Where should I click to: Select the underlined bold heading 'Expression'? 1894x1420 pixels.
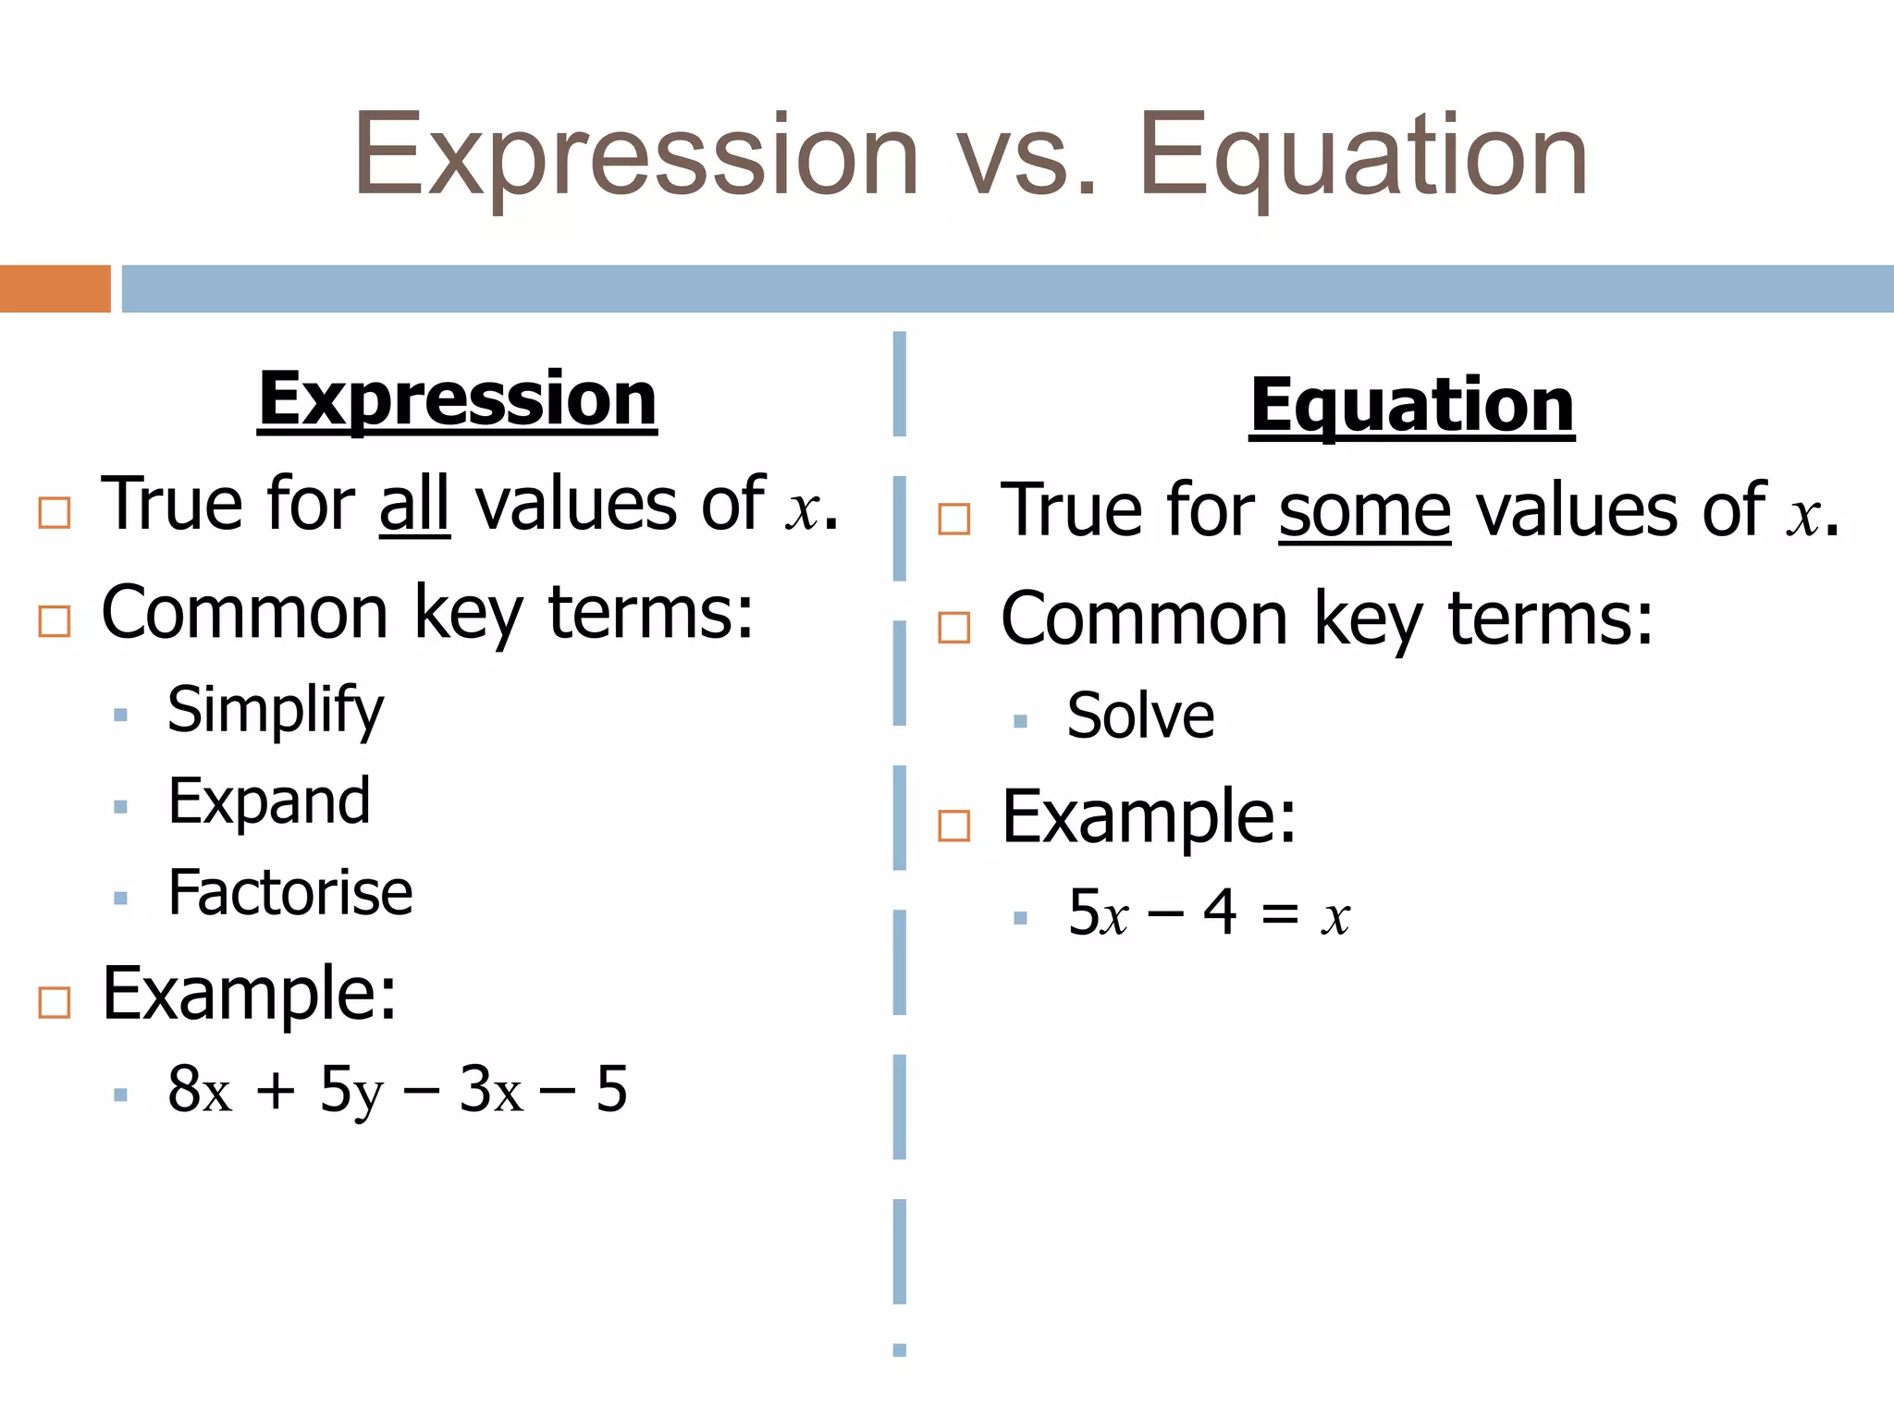tap(457, 399)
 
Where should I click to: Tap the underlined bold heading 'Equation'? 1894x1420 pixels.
tap(1411, 406)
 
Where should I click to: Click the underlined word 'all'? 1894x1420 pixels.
tap(414, 505)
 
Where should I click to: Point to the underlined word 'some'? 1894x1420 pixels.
tap(1364, 511)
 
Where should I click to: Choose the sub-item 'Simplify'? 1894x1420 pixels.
tap(276, 710)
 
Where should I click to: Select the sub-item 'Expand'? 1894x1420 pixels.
tap(269, 802)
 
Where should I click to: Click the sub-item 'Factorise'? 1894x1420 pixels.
tap(290, 893)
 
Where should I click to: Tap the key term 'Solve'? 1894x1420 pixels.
tap(1140, 716)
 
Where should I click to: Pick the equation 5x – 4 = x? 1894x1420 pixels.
tap(1209, 913)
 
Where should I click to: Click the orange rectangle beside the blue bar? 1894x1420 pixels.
tap(55, 288)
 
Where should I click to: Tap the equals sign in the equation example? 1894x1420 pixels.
tap(1280, 915)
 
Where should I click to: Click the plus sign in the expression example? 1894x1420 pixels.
tap(276, 1091)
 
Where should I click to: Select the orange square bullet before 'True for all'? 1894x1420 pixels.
tap(55, 512)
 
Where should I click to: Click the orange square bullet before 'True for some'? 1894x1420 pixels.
tap(953, 519)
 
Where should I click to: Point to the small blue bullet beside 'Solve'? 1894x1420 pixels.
tap(1020, 721)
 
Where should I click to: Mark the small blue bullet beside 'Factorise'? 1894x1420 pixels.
tap(120, 898)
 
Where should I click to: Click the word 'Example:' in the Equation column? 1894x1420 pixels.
tap(1150, 817)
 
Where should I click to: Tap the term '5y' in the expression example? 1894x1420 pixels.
tap(351, 1091)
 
